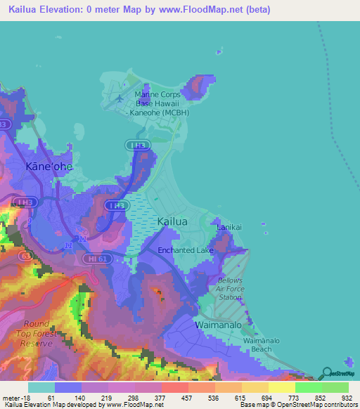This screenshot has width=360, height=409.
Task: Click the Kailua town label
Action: [172, 221]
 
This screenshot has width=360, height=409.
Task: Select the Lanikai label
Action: [229, 228]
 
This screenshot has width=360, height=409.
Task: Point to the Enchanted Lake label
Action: [185, 250]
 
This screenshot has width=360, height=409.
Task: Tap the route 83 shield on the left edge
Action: [4, 124]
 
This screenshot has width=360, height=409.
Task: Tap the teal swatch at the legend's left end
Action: [41, 387]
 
